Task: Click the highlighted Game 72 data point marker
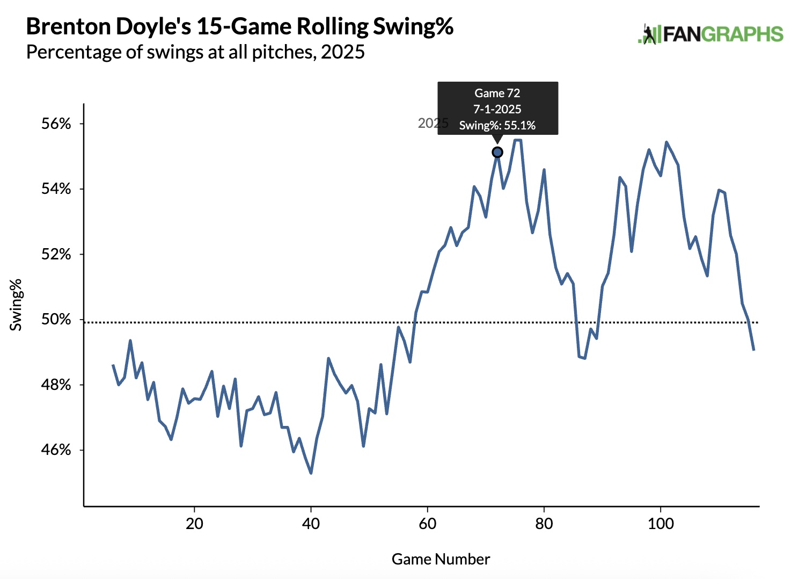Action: tap(497, 153)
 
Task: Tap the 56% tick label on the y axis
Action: tap(56, 124)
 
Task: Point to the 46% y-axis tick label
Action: tap(56, 450)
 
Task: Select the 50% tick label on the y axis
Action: tap(56, 320)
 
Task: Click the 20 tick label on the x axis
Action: tap(194, 524)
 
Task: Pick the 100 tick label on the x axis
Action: tap(661, 524)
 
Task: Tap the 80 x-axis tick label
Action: tap(544, 524)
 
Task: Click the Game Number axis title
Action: tap(441, 559)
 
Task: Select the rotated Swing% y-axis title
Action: tap(16, 305)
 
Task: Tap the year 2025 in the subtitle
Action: tap(343, 52)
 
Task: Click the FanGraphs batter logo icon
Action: tap(649, 34)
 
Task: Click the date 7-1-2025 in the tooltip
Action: tap(497, 109)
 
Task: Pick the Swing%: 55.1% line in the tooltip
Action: tap(497, 125)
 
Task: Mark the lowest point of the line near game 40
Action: tap(311, 473)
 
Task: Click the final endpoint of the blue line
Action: tap(754, 350)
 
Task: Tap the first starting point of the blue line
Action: tap(113, 365)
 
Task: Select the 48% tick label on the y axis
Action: tap(56, 385)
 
